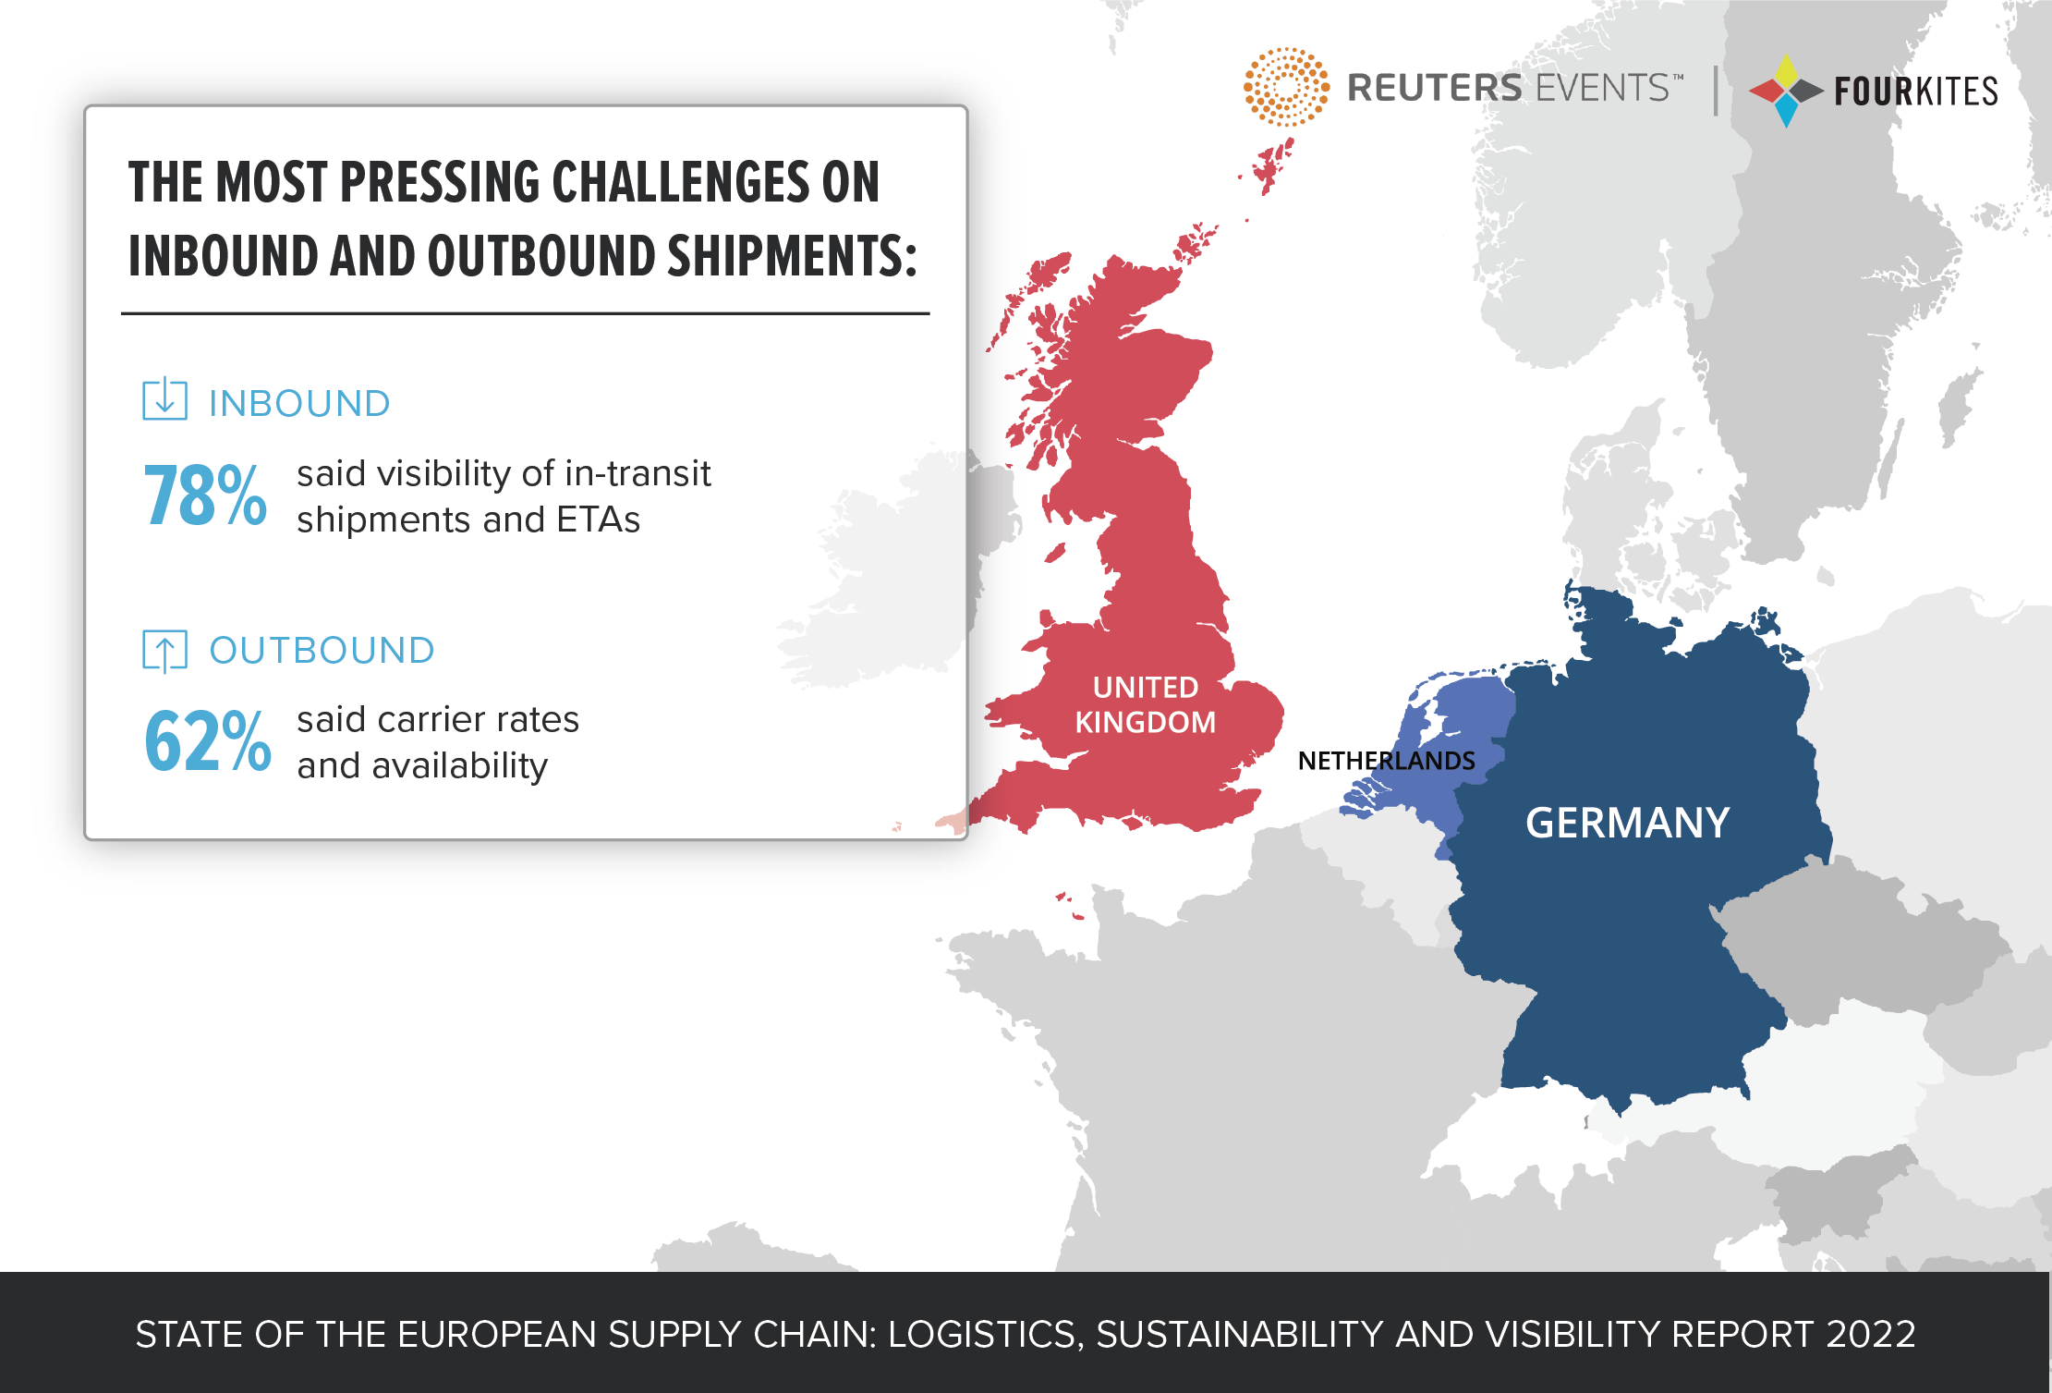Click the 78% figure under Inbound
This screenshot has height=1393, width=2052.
click(x=205, y=496)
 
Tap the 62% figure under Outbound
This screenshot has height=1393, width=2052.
click(x=208, y=741)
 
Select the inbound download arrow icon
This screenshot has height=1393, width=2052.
click(x=165, y=399)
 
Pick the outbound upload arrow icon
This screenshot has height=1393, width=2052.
click(x=165, y=650)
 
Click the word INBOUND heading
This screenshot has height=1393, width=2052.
click(x=299, y=403)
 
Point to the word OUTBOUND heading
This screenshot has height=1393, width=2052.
click(x=322, y=650)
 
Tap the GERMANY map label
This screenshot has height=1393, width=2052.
click(x=1627, y=823)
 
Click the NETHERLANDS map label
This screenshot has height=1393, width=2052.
click(x=1386, y=761)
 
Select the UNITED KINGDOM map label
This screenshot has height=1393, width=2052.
click(x=1146, y=704)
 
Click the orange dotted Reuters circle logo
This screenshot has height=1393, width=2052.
click(x=1286, y=87)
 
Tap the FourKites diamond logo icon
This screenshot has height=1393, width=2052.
click(x=1785, y=91)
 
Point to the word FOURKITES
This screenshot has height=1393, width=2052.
click(x=1916, y=92)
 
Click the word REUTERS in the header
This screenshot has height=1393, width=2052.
click(x=1434, y=88)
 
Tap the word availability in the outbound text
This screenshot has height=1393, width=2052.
click(x=460, y=766)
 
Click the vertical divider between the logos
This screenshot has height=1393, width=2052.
click(x=1716, y=91)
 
